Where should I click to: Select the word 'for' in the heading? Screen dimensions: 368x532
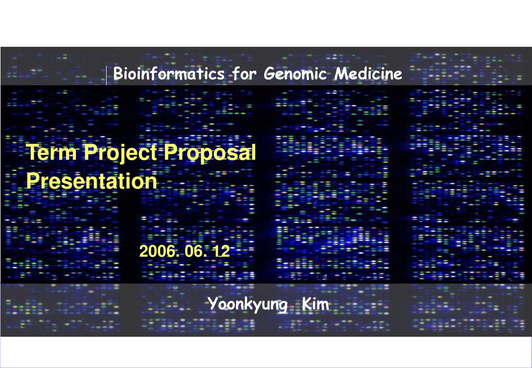click(x=245, y=74)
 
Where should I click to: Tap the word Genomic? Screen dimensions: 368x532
click(x=295, y=74)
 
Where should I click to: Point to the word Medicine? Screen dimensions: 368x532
click(x=368, y=74)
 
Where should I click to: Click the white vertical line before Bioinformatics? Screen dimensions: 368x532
click(x=107, y=75)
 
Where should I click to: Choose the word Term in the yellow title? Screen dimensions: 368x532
click(x=51, y=153)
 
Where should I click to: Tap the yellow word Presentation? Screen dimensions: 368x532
click(x=92, y=181)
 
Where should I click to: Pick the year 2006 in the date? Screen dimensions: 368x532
click(x=156, y=252)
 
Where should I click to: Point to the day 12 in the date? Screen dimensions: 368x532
click(x=220, y=252)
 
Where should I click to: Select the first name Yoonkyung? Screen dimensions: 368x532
click(x=248, y=305)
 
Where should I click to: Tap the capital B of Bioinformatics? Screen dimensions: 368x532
click(x=118, y=74)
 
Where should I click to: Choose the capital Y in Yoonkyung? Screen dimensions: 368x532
click(x=212, y=304)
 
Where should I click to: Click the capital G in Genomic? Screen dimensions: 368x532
click(x=269, y=74)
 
